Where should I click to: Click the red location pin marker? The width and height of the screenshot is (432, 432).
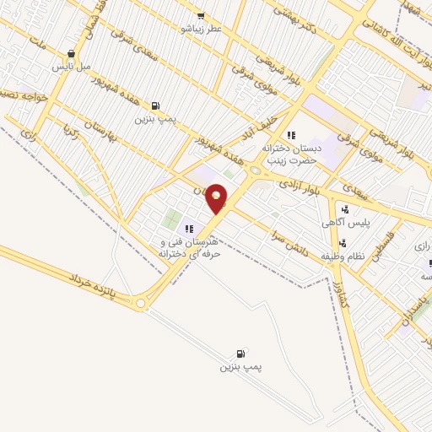click(x=217, y=198)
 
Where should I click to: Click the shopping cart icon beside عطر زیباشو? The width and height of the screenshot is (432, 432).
click(x=200, y=15)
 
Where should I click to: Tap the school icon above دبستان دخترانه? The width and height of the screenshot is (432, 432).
click(x=291, y=134)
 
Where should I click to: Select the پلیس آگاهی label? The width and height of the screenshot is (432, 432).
click(x=343, y=223)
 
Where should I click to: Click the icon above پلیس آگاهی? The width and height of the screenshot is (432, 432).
click(x=343, y=210)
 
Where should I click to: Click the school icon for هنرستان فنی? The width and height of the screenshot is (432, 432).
click(x=189, y=228)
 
